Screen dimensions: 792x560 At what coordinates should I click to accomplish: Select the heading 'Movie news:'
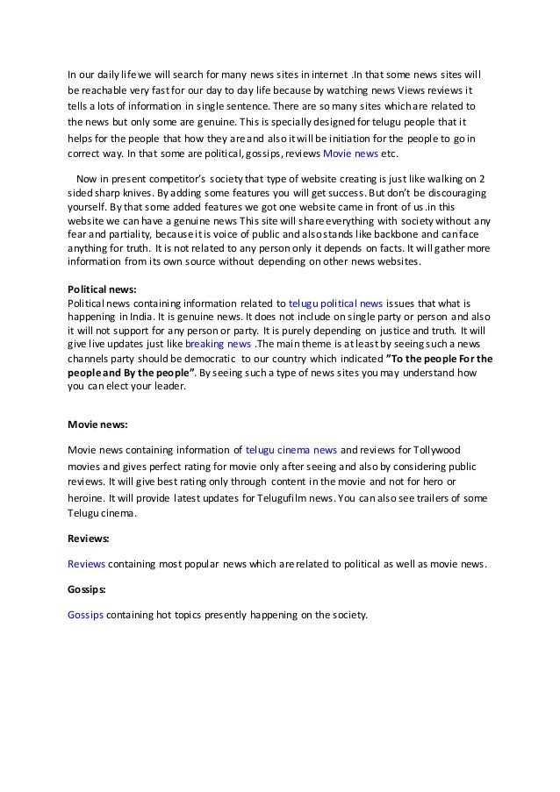tap(97, 424)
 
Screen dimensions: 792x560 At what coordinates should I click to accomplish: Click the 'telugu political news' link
tap(334, 300)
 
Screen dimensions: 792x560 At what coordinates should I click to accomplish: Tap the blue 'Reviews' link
tap(86, 563)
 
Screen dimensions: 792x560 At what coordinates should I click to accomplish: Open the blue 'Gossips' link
tap(86, 615)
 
